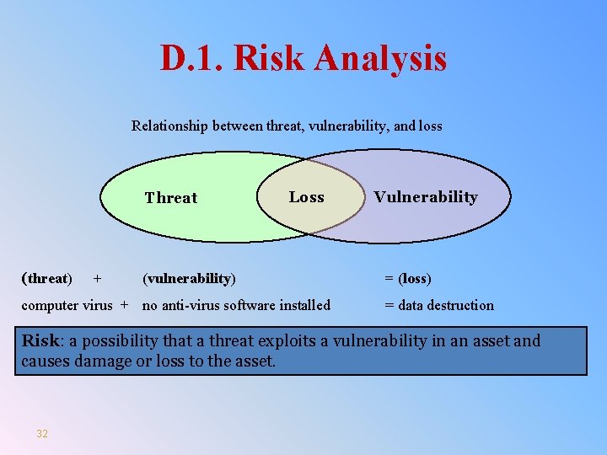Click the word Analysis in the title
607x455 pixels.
tap(380, 59)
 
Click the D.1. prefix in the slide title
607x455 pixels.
tap(192, 59)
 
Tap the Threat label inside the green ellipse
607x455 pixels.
tap(170, 198)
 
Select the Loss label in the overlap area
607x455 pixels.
tap(306, 197)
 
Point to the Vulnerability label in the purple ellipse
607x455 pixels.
tap(425, 197)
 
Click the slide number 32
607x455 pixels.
tap(42, 434)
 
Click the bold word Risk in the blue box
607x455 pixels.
tap(39, 341)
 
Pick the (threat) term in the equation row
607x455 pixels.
tap(46, 278)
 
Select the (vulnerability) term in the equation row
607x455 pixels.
tap(189, 278)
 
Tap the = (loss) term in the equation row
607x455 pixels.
tap(408, 278)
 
